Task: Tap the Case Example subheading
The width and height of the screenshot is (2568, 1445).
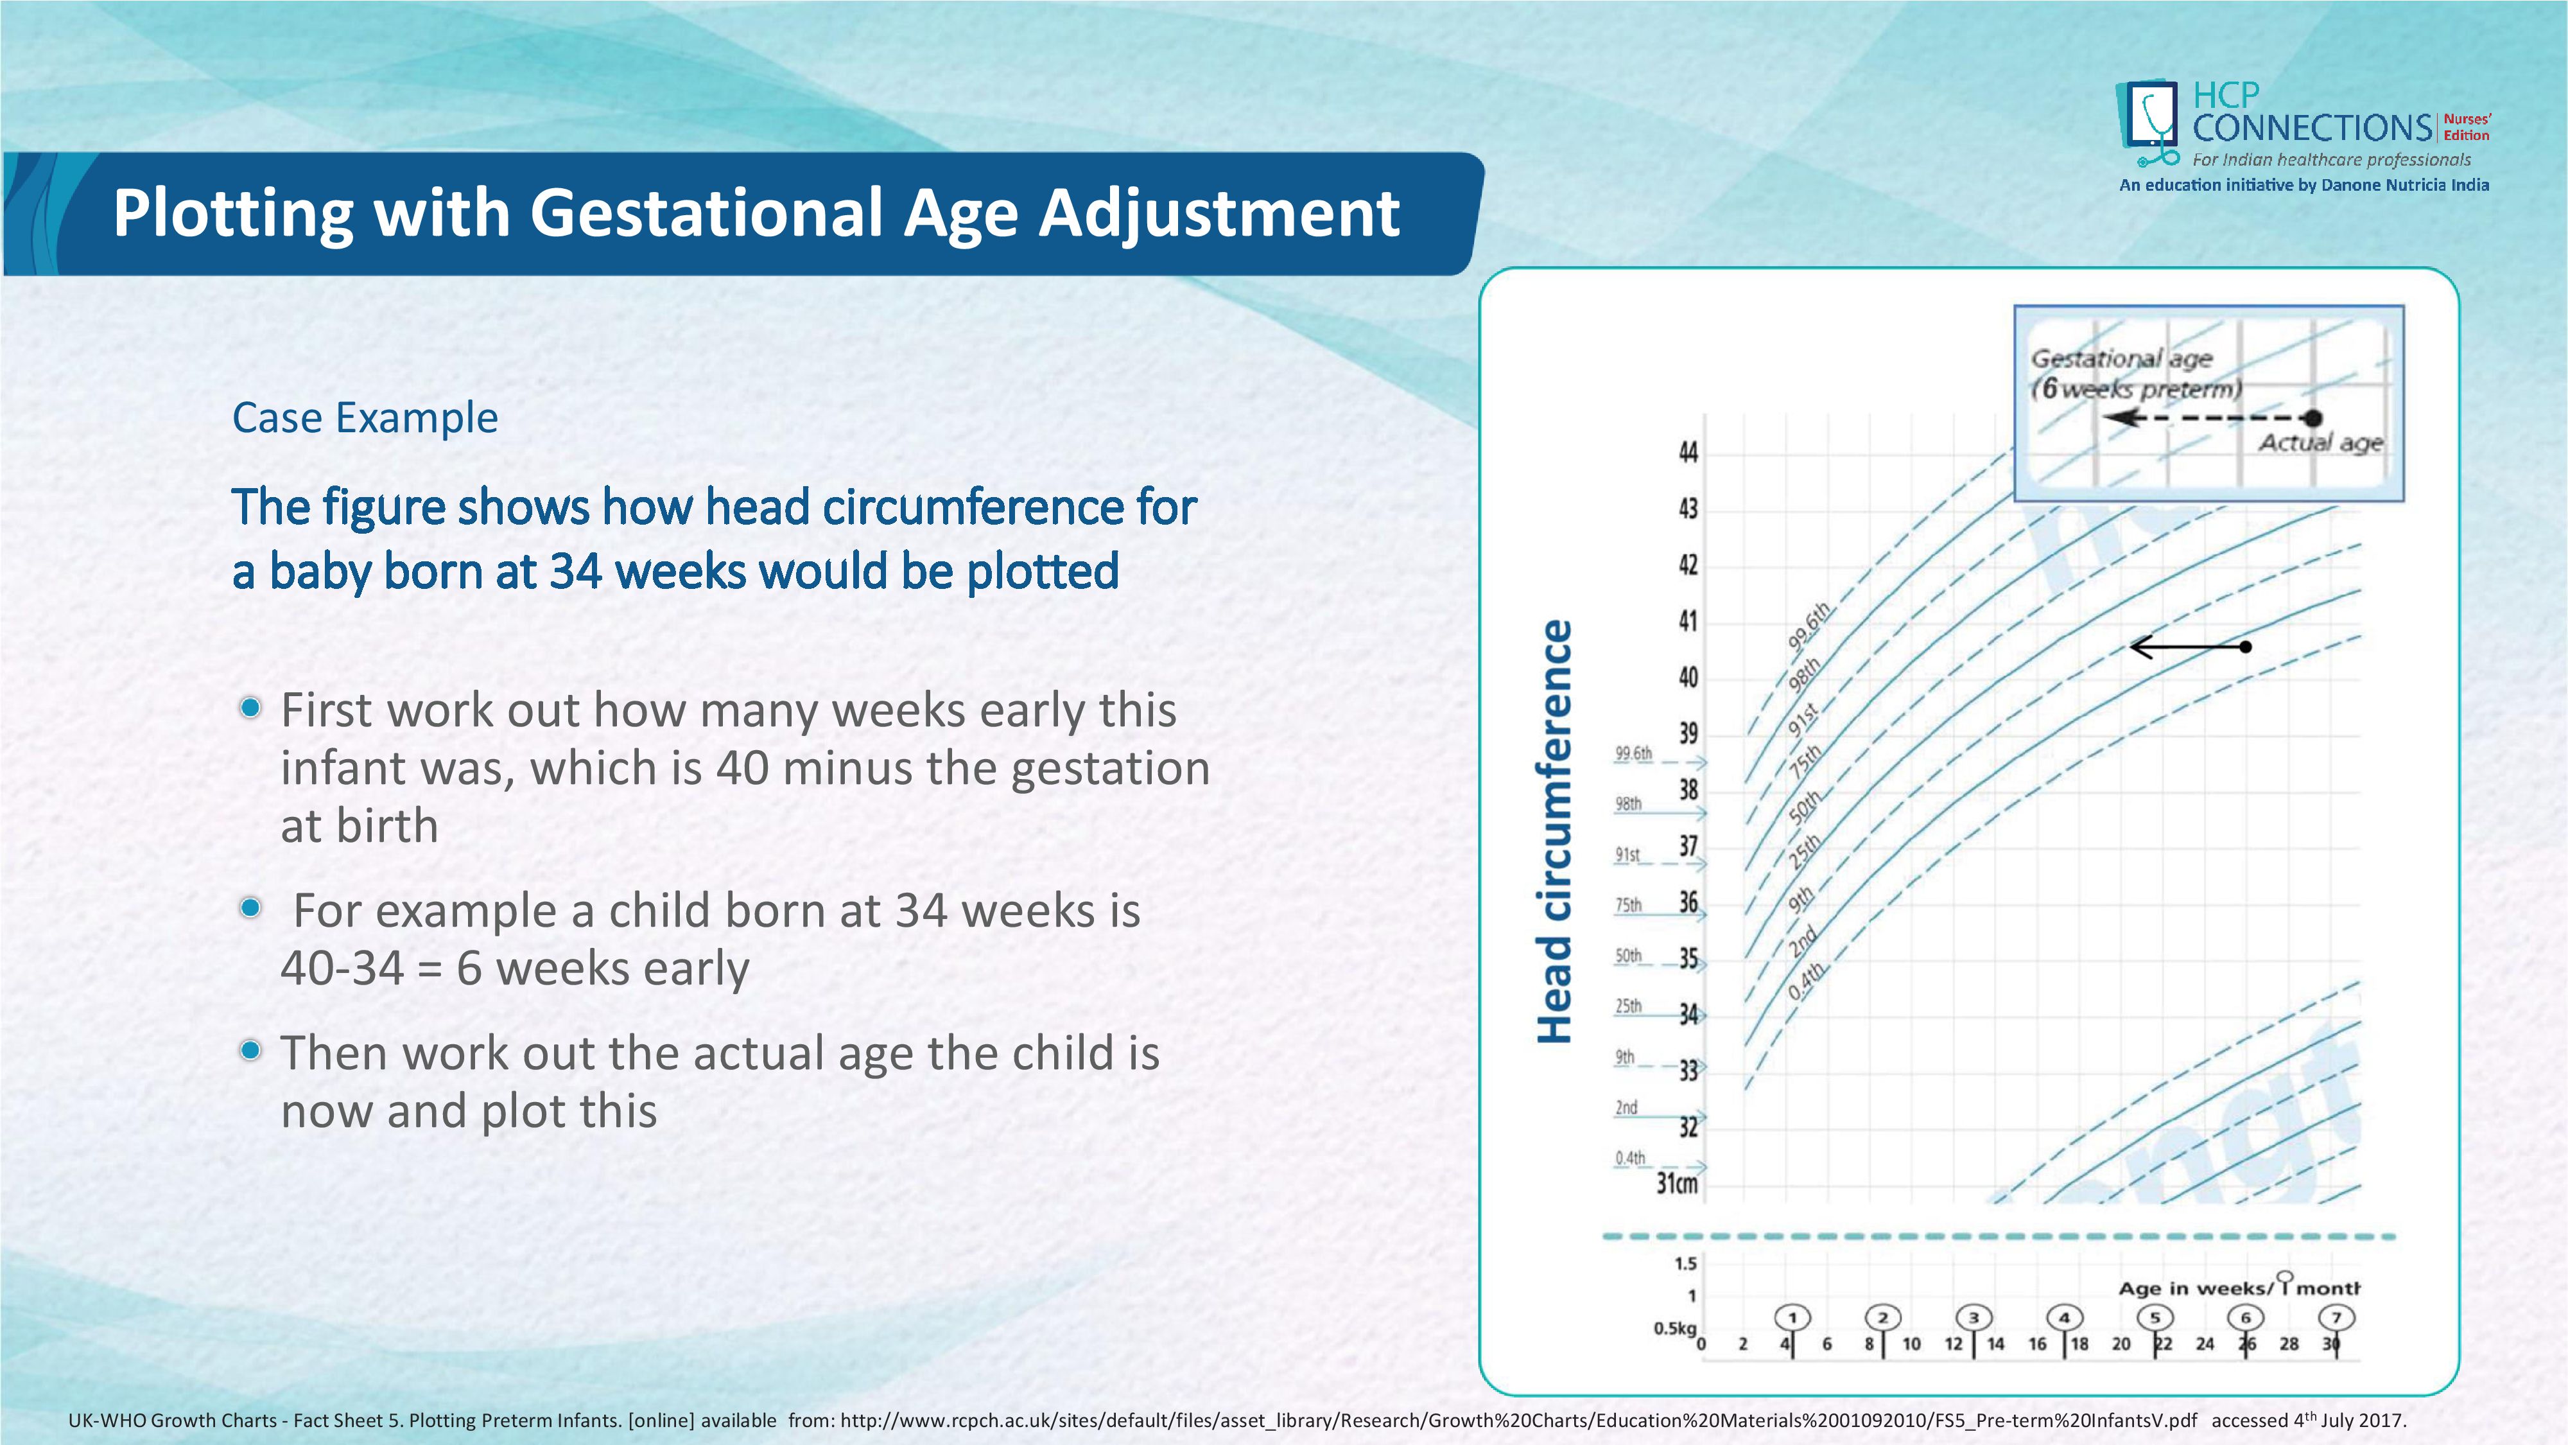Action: tap(365, 418)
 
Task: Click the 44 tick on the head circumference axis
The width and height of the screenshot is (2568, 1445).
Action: tap(1688, 453)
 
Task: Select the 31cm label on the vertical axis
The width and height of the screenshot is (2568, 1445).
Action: tap(1677, 1184)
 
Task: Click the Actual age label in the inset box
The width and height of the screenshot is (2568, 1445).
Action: tap(2320, 442)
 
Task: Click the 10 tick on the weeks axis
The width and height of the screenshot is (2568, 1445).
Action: tap(1911, 1344)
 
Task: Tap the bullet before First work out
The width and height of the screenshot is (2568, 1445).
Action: tap(251, 708)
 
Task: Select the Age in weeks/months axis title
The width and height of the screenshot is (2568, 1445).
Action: tap(2238, 1288)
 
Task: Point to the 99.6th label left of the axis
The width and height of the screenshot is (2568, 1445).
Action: tap(1633, 753)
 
